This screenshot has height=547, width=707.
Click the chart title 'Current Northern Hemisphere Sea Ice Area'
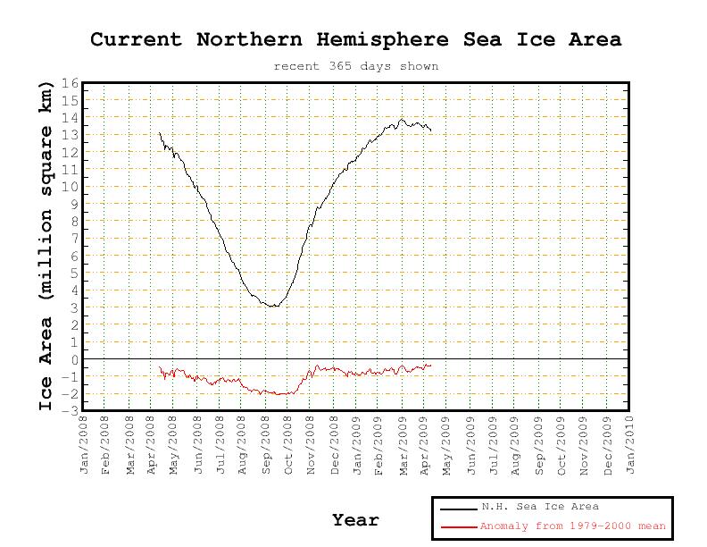(355, 40)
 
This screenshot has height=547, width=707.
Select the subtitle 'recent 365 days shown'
(355, 66)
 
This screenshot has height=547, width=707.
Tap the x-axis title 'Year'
(355, 520)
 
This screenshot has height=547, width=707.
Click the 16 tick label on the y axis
(71, 84)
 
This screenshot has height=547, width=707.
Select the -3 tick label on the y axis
(71, 410)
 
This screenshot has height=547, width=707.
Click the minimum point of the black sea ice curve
(273, 307)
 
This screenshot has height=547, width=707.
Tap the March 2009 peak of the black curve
(402, 119)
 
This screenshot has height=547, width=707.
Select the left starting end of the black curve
(160, 133)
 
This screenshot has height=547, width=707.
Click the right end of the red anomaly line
(431, 365)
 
